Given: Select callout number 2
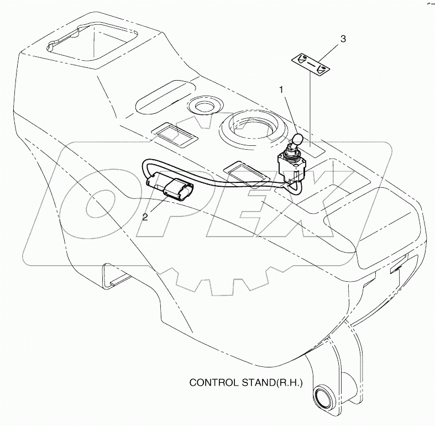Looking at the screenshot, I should point(145,217).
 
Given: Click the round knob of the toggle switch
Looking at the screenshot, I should point(297,140).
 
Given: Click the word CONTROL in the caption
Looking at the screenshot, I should point(211,382).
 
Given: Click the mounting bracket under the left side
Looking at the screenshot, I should point(113,274).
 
